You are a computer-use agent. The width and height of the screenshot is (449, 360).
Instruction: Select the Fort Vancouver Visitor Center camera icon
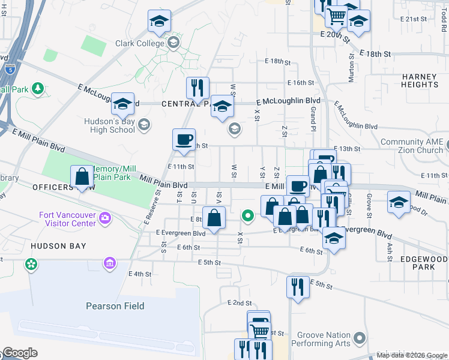pos(106,217)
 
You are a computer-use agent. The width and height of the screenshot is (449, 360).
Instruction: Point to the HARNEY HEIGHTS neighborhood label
pos(421,80)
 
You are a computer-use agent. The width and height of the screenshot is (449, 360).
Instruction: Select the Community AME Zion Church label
pos(411,146)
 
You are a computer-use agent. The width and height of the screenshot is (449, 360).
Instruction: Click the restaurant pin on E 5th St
pos(298,286)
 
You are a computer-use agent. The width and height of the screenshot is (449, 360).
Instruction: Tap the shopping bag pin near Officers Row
pos(82,177)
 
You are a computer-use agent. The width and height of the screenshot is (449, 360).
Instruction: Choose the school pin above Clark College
pos(159,22)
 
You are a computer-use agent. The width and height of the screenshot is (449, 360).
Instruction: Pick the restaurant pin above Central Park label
pos(197,88)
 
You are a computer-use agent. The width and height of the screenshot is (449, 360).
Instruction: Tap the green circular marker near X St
pos(247,215)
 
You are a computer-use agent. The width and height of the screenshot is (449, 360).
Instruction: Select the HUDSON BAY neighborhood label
pos(58,246)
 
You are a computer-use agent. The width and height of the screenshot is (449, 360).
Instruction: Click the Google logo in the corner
pos(20,353)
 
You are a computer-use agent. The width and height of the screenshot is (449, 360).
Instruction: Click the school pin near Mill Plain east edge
pos(399,202)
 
